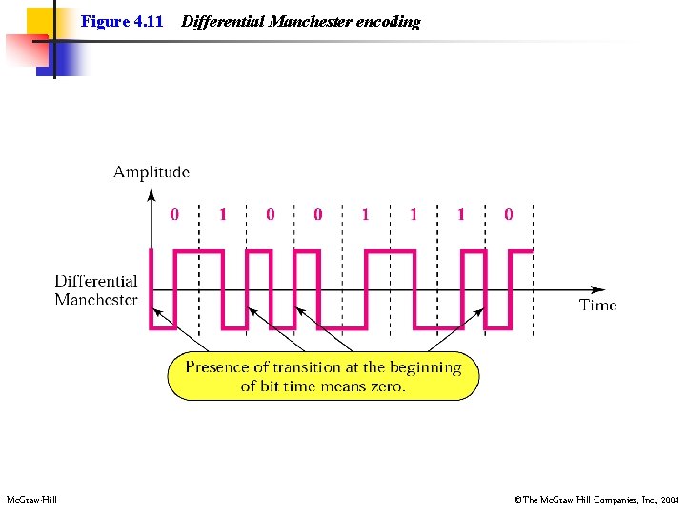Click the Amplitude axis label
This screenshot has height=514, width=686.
coord(151,172)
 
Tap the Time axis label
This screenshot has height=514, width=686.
coord(598,306)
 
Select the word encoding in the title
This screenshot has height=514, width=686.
coord(388,22)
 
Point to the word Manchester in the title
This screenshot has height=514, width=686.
coord(312,22)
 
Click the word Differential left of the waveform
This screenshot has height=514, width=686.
coord(96,281)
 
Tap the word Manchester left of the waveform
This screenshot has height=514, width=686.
coord(96,300)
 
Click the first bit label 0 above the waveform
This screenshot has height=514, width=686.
coord(174,215)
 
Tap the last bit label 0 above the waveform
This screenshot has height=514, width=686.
coord(508,215)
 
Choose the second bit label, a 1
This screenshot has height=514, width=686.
coord(223,215)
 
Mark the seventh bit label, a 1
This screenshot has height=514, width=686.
coord(461,215)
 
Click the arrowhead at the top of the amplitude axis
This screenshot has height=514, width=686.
coord(151,194)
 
